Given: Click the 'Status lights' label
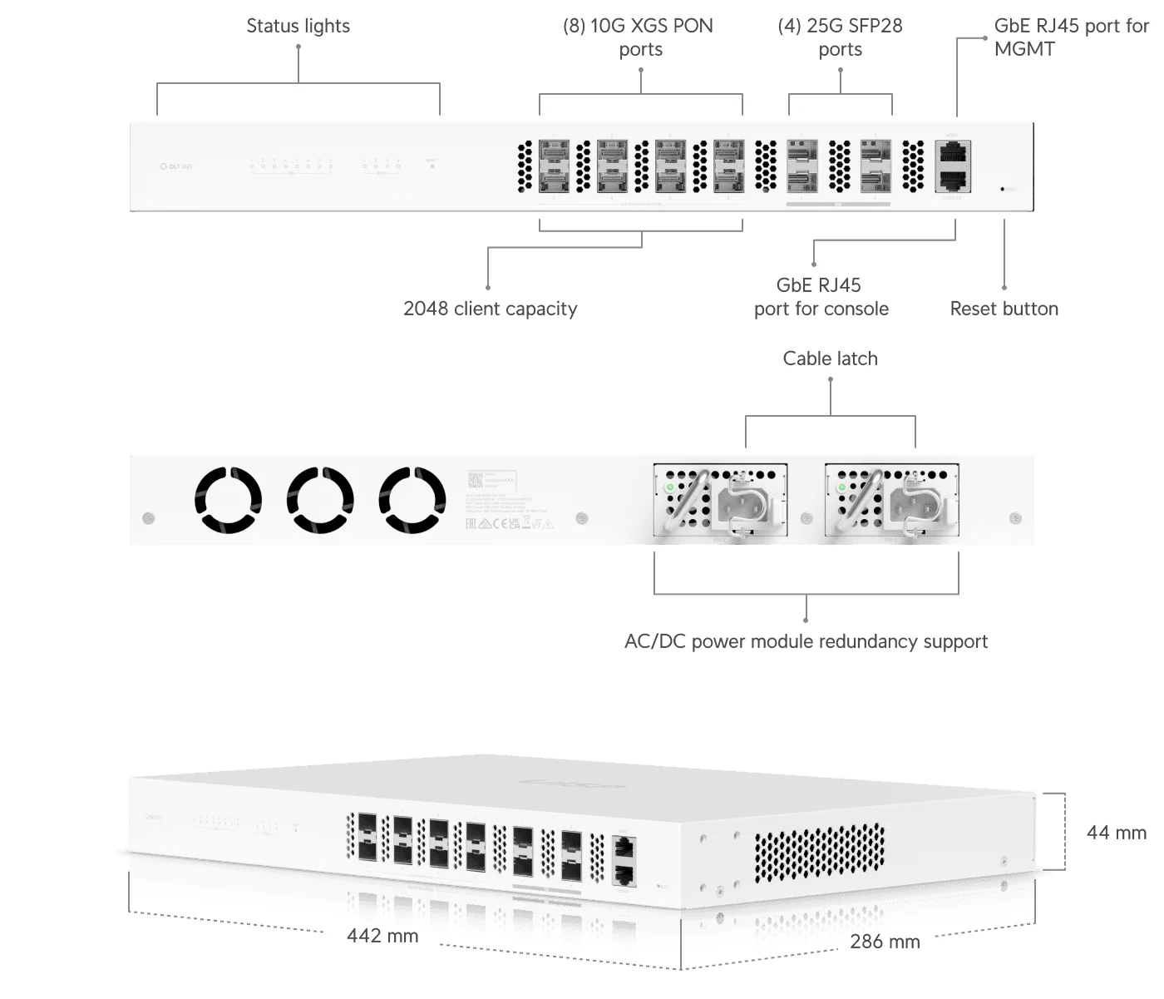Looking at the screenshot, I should [298, 26].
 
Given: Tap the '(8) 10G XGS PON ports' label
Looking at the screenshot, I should [639, 37].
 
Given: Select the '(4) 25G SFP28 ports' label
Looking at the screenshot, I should [840, 37].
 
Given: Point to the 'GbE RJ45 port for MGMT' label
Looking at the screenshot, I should [1070, 37].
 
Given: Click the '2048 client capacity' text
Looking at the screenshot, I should [490, 309].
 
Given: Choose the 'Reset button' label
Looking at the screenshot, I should [1004, 309].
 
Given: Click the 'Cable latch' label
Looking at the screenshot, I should [830, 359].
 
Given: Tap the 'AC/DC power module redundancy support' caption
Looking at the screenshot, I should [806, 641].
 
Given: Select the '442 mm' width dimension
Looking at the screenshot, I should [382, 936].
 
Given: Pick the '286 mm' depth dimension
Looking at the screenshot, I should [885, 942].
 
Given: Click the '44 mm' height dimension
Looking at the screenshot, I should [1116, 833].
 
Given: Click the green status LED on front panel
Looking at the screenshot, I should [432, 166].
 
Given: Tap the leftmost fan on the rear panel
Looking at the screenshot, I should [228, 500].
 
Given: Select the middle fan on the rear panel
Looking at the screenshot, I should [320, 500].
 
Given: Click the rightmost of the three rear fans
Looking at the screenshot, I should [412, 500].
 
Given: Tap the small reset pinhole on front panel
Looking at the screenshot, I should [1002, 190].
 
